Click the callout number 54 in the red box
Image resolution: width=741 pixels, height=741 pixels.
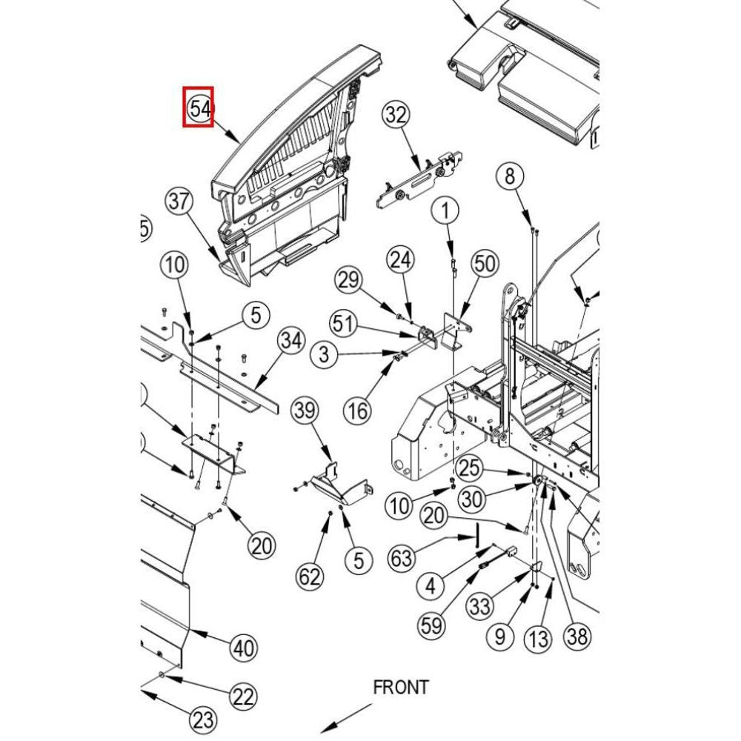point(199,107)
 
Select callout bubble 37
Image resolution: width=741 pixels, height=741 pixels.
point(179,201)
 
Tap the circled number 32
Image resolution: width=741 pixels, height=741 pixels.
point(396,115)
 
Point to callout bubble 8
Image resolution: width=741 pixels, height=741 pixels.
point(509,176)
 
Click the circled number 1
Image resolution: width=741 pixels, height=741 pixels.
point(445,211)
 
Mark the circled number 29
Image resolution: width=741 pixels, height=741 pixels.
point(348,280)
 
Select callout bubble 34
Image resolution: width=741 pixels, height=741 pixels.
point(291,341)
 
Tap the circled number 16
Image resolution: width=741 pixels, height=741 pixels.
point(359,409)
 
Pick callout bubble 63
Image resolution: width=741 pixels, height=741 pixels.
point(402,557)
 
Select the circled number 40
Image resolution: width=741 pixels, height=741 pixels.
point(244,648)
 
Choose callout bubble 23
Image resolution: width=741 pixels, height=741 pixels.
point(203,719)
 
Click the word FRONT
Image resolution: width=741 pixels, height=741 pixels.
point(400,687)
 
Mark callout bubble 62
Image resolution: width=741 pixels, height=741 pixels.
point(310,576)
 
